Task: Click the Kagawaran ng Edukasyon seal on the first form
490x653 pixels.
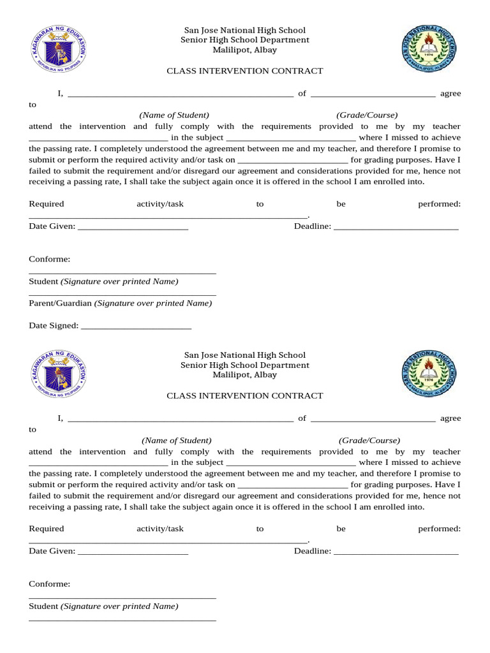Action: [x=58, y=49]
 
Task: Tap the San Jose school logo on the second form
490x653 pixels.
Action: [x=428, y=374]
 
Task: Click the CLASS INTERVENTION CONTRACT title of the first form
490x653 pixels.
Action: [x=245, y=71]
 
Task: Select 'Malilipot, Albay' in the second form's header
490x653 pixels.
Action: [x=245, y=375]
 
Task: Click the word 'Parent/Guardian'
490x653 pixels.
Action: [x=61, y=304]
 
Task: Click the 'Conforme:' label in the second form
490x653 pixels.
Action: [x=50, y=584]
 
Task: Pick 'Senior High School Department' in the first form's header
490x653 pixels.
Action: [x=245, y=40]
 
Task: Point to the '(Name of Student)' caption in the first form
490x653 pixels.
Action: [x=174, y=115]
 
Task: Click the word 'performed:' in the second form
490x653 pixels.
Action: [x=439, y=529]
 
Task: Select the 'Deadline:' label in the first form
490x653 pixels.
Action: [x=313, y=226]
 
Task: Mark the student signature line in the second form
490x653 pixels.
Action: [x=122, y=598]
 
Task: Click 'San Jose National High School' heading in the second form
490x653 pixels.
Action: [x=245, y=355]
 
